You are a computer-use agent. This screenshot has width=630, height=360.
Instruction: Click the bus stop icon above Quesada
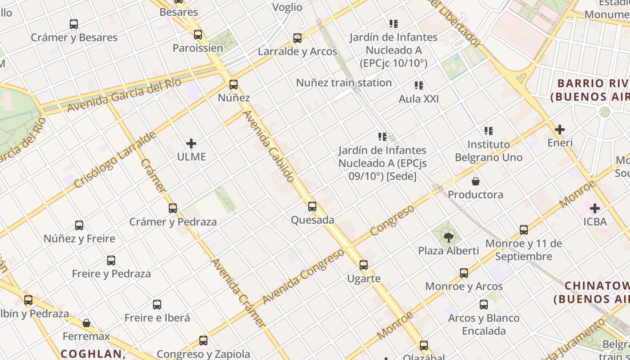click(312, 207)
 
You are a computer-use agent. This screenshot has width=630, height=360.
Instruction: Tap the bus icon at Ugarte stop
click(364, 265)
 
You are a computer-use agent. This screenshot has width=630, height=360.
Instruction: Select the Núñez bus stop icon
click(233, 84)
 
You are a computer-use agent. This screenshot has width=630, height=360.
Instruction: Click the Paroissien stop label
click(198, 48)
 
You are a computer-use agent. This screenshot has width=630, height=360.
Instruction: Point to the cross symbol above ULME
click(191, 144)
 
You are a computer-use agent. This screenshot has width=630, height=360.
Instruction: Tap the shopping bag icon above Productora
click(475, 181)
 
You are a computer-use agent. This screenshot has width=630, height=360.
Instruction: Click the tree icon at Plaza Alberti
click(448, 237)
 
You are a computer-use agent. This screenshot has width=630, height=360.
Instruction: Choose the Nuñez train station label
click(344, 83)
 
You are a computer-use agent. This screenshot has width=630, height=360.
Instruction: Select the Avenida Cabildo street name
click(269, 146)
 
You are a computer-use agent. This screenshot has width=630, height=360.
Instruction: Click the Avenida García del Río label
click(124, 95)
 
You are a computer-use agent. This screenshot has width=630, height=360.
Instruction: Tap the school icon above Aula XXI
click(419, 85)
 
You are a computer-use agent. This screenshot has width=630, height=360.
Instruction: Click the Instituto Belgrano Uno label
click(489, 151)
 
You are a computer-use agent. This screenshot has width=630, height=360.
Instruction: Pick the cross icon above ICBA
click(595, 208)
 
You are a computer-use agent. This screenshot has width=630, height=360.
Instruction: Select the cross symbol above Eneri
click(560, 130)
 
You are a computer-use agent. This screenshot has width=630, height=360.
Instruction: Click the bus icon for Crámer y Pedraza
click(173, 208)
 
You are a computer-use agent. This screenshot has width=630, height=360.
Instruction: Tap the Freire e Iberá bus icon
click(157, 305)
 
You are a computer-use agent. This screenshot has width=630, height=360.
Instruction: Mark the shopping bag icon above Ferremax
click(86, 323)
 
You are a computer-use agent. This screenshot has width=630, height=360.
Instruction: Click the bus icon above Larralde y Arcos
click(297, 38)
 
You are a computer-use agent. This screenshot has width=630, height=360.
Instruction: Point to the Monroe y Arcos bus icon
click(464, 273)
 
